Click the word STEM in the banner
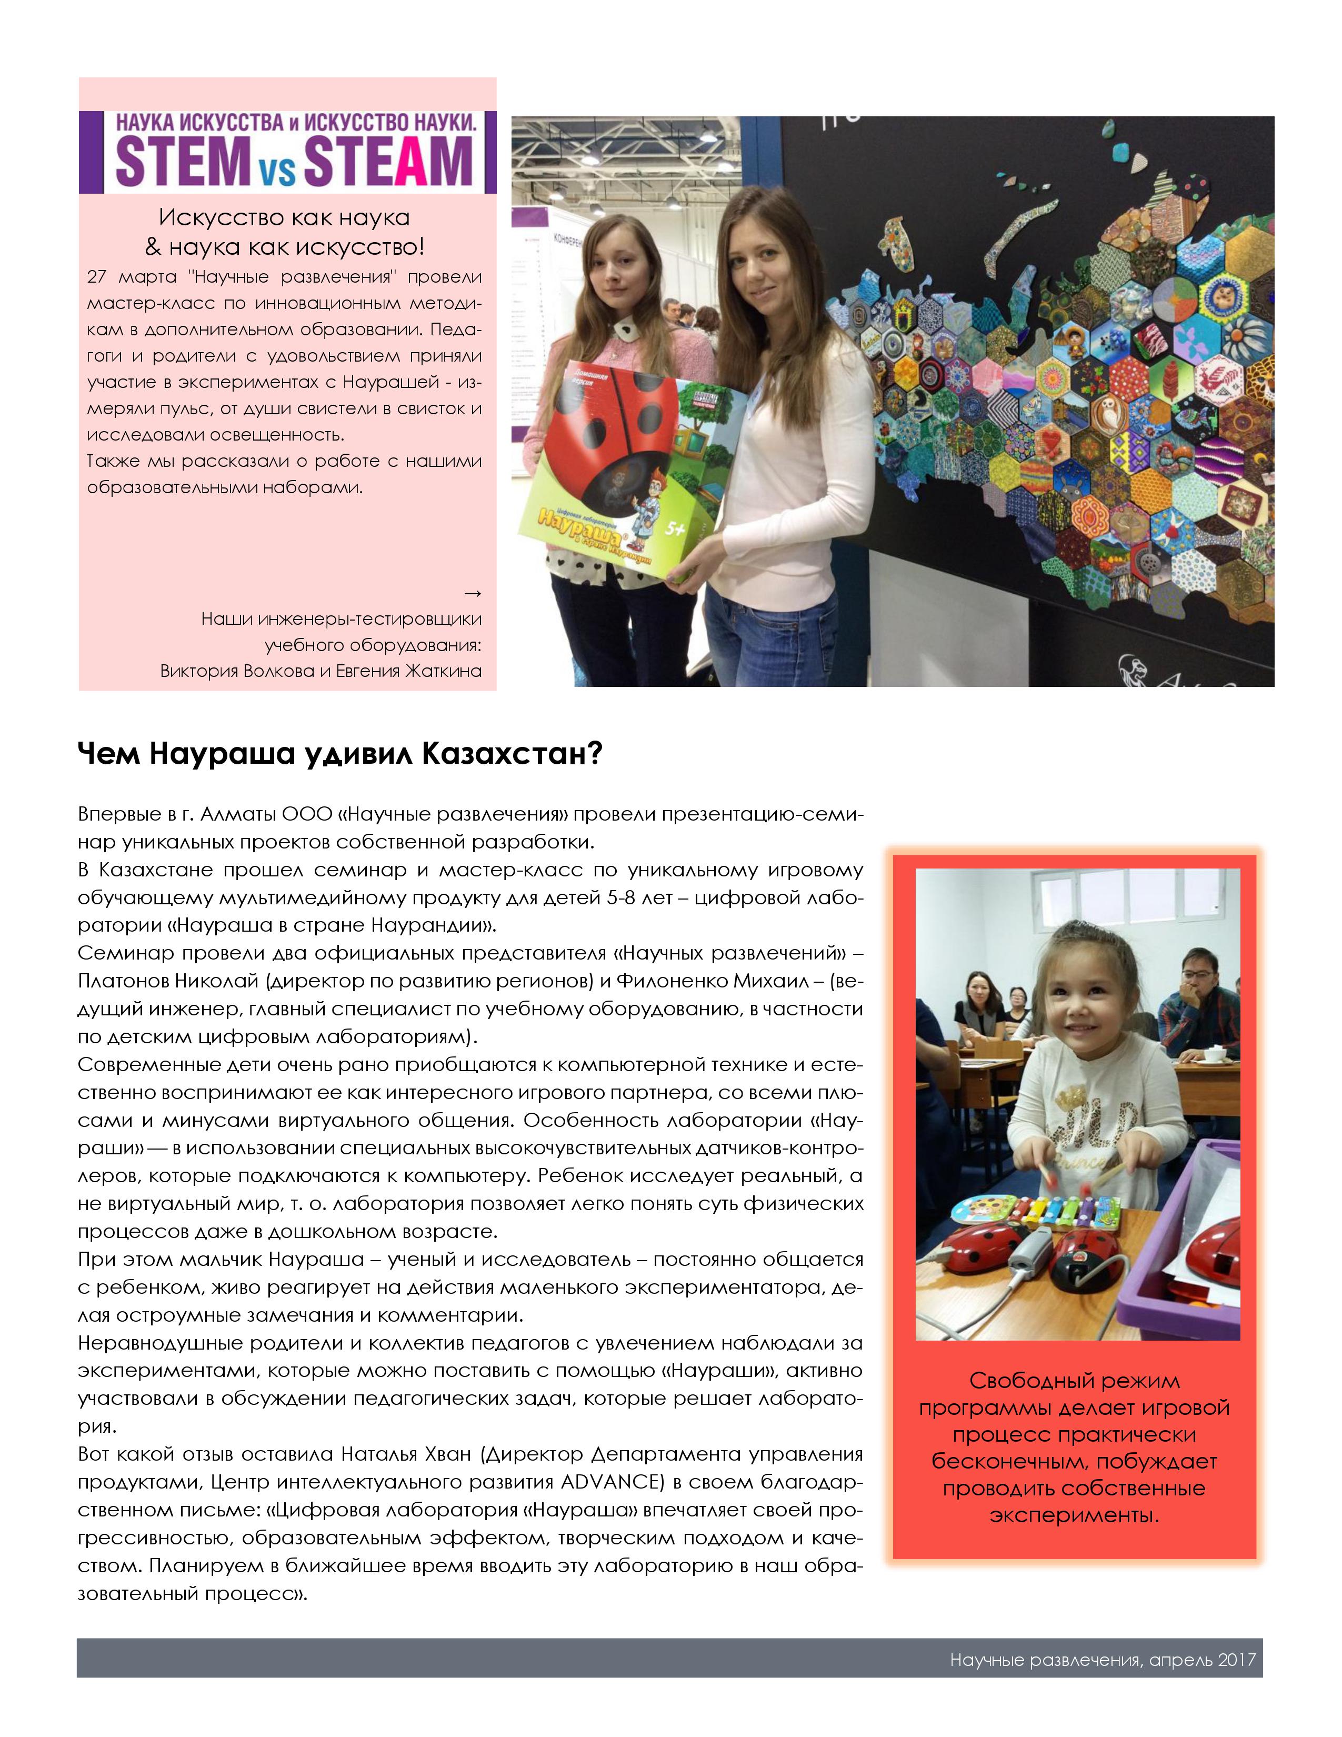(x=183, y=162)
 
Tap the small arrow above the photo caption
(x=472, y=593)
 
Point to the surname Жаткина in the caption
(x=443, y=671)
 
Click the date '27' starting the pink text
(x=96, y=277)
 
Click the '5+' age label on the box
(x=674, y=528)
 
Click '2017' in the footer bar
(x=1236, y=1660)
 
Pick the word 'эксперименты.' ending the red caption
(x=1074, y=1515)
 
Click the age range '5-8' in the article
(x=624, y=897)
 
